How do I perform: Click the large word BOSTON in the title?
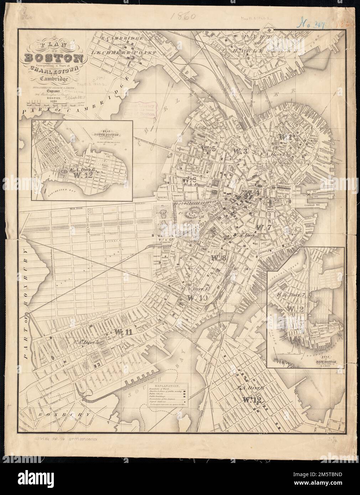53,57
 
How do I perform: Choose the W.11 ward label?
123,331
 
